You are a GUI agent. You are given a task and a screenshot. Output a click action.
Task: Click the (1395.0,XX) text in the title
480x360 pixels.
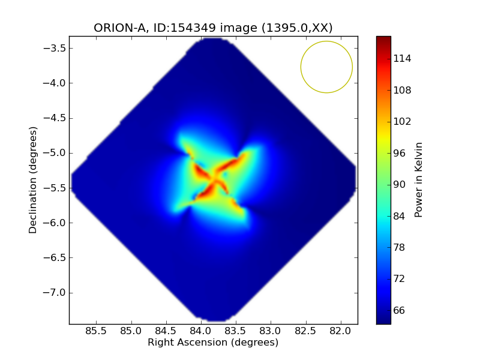point(297,28)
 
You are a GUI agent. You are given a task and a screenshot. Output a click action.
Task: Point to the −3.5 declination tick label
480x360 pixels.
point(54,48)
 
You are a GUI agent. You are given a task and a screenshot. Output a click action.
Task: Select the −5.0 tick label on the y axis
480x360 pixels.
point(54,153)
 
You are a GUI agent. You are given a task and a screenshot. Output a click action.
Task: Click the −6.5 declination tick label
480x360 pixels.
point(54,257)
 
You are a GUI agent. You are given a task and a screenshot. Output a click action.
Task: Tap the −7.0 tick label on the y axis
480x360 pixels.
point(54,292)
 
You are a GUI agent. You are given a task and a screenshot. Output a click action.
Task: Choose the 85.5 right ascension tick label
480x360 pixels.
point(96,331)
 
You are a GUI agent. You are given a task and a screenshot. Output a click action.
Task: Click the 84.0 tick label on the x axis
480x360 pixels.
point(201,331)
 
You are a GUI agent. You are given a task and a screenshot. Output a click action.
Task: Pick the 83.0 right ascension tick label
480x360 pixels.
point(271,331)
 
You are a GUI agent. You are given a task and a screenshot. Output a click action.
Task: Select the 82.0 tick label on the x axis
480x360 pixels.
point(341,331)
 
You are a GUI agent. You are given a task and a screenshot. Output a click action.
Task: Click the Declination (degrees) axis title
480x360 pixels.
point(33,180)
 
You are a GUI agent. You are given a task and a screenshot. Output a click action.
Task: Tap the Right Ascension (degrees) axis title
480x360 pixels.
point(213,342)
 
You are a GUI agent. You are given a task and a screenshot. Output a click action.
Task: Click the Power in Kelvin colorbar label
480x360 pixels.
point(418,180)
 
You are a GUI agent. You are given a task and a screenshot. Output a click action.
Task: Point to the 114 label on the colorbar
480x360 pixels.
point(402,58)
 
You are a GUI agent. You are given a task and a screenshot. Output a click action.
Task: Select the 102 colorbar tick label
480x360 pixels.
point(402,122)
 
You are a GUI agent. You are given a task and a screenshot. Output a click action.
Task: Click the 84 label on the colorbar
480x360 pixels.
point(399,216)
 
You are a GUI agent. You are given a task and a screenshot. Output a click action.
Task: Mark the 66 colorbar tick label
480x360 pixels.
point(399,310)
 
